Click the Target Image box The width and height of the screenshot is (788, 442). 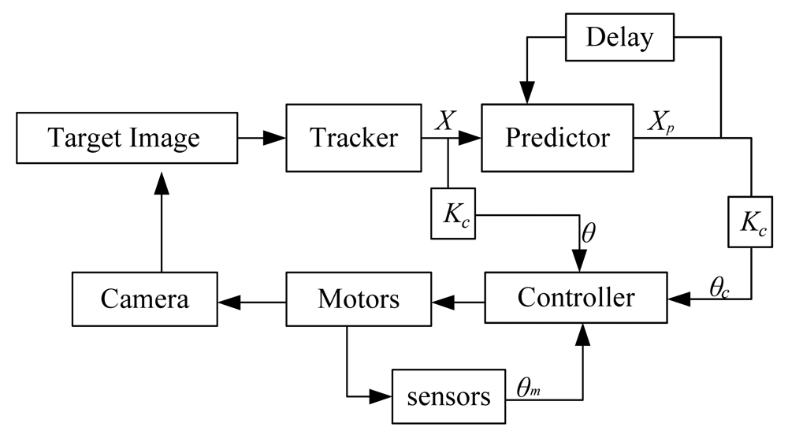tap(125, 138)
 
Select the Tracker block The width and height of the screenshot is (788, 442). tap(354, 138)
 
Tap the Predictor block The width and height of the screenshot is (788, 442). tap(557, 138)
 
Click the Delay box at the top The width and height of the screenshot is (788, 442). tap(620, 37)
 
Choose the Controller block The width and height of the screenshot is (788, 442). tap(575, 298)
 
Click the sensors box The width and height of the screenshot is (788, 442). tap(448, 397)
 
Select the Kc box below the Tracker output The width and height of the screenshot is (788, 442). tap(452, 214)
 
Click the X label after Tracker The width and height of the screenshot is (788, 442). tap(446, 121)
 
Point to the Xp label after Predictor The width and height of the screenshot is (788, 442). tap(660, 121)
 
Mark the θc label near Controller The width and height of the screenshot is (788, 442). tap(718, 288)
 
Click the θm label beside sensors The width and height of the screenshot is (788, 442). tap(528, 387)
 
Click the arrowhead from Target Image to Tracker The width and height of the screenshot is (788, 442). tap(273, 138)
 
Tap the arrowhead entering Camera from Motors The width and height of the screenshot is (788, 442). tap(227, 299)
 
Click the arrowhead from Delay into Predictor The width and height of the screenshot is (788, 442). tap(526, 93)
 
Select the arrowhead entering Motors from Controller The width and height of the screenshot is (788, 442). tap(441, 299)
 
